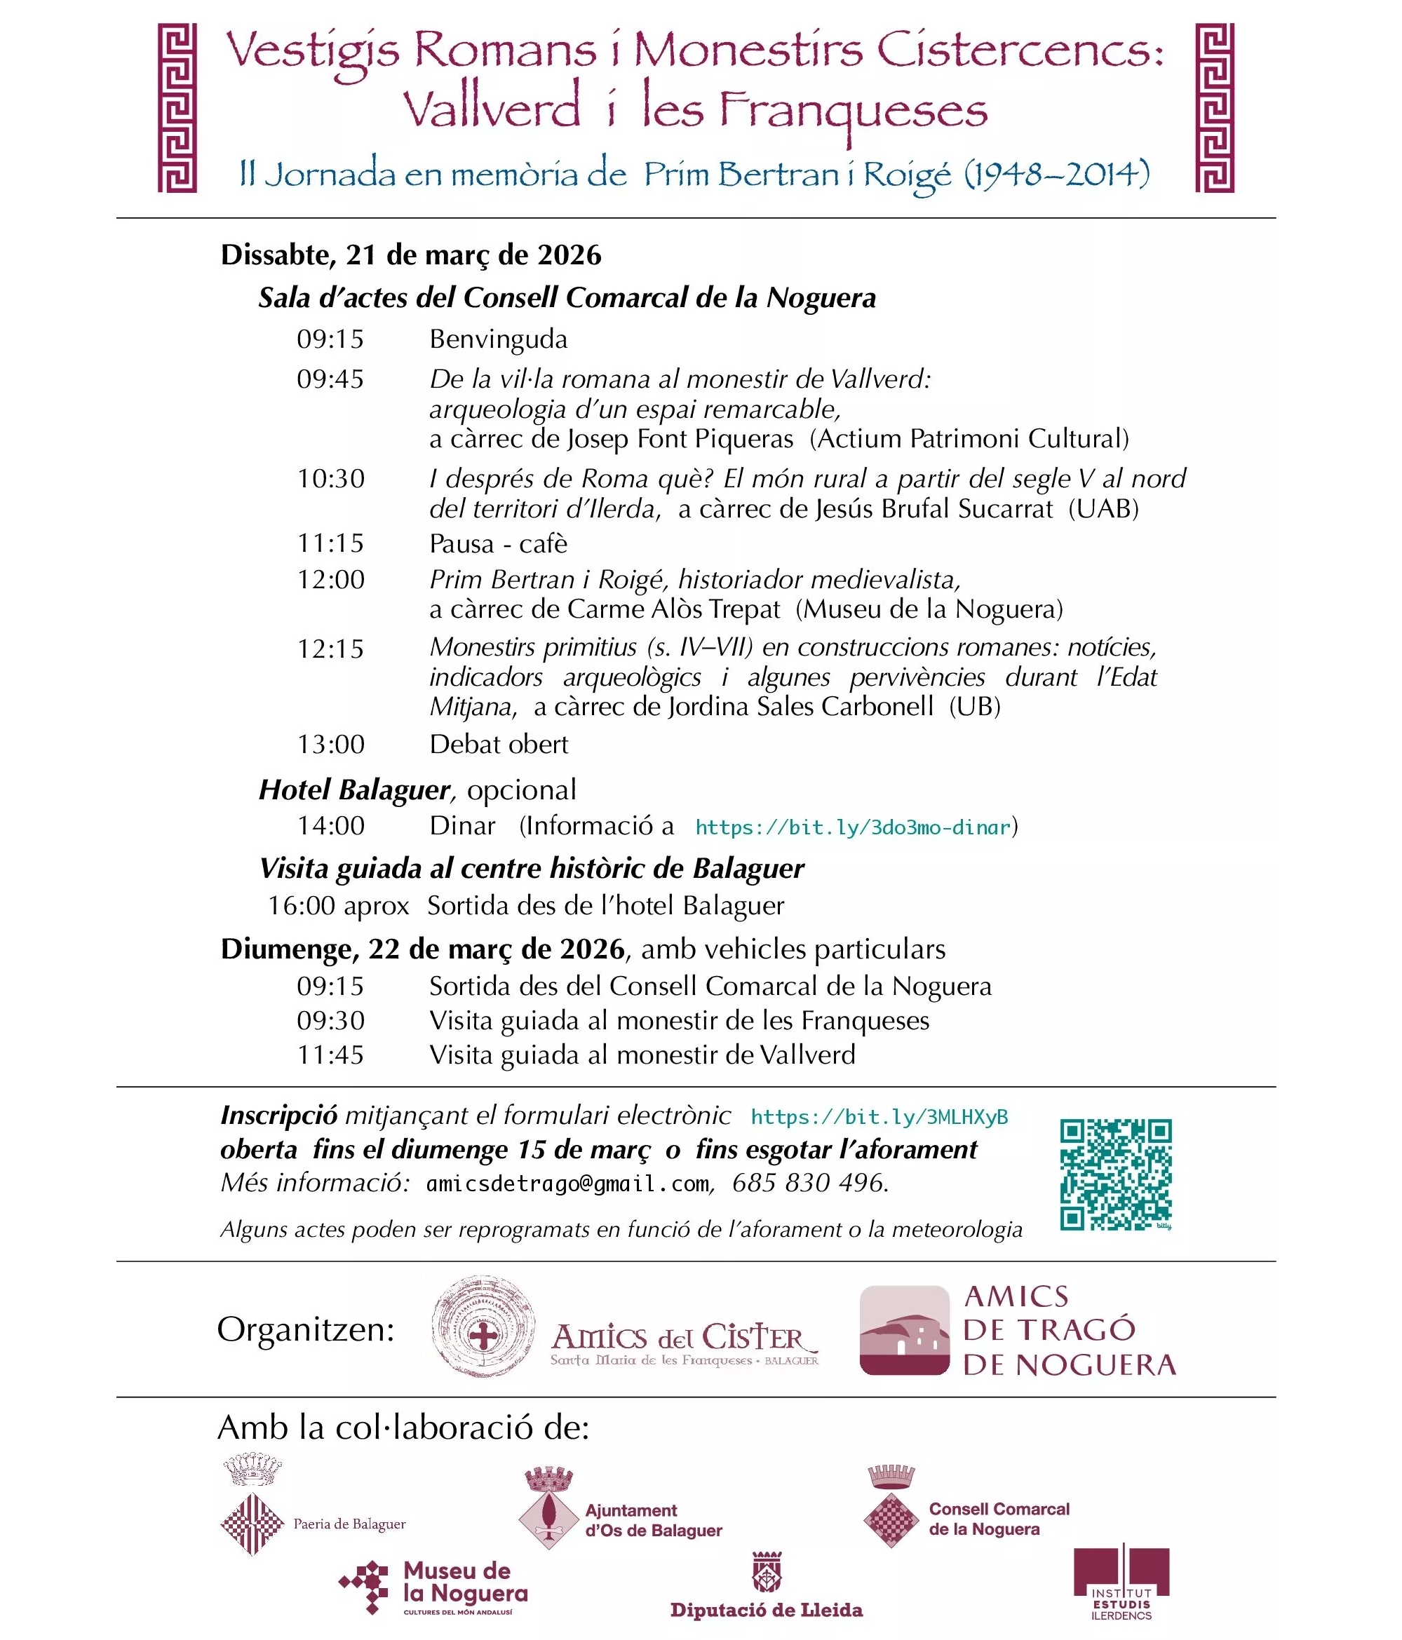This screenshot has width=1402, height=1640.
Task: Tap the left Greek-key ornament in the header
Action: coord(177,108)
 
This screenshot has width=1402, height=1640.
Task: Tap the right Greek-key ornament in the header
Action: coord(1213,108)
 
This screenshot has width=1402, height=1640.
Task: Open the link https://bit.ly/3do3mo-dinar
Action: coord(853,827)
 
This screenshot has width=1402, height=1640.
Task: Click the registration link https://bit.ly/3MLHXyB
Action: coord(879,1117)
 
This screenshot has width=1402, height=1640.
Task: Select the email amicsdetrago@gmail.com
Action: coord(567,1184)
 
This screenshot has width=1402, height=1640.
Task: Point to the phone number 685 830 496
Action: coord(808,1184)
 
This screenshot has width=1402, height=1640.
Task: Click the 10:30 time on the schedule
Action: coord(330,479)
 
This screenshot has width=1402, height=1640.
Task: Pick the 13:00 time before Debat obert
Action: coord(330,744)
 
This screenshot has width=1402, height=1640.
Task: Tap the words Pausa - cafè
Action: coord(498,544)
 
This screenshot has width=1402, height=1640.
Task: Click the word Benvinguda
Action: coord(498,339)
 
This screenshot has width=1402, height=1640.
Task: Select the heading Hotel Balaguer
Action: coord(354,790)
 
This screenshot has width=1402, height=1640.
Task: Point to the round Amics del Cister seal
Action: coord(482,1337)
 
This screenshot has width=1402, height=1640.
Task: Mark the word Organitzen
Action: coord(306,1329)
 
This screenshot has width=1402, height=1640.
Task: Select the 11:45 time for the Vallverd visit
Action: coord(330,1055)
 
